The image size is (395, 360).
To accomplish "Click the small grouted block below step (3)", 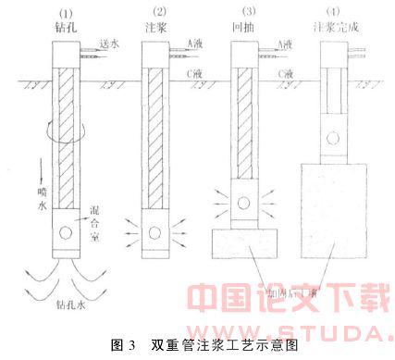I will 243,243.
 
